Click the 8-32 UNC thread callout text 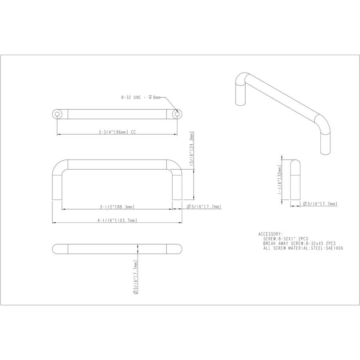click(140, 97)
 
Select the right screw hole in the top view click(176, 114)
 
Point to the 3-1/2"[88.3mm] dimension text click(117, 207)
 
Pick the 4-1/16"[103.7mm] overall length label click(117, 220)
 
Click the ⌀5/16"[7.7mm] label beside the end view click(320, 204)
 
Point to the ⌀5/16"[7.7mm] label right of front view click(204, 207)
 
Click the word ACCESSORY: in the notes click(270, 234)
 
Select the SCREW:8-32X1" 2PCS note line click(286, 238)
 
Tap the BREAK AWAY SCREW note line click(299, 243)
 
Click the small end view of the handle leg click(295, 182)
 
